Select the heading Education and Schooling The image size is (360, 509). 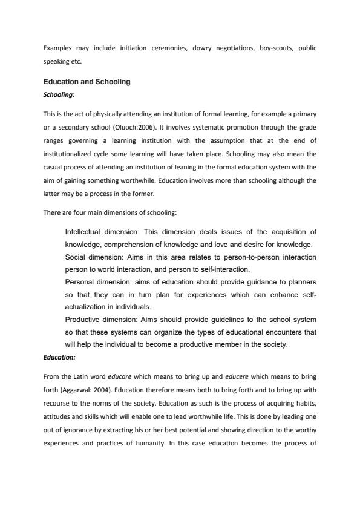pos(87,82)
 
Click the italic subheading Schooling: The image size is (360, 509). pos(59,94)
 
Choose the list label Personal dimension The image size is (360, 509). pos(97,282)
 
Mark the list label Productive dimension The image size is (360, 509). pos(101,319)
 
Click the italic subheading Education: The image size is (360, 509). pos(59,357)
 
